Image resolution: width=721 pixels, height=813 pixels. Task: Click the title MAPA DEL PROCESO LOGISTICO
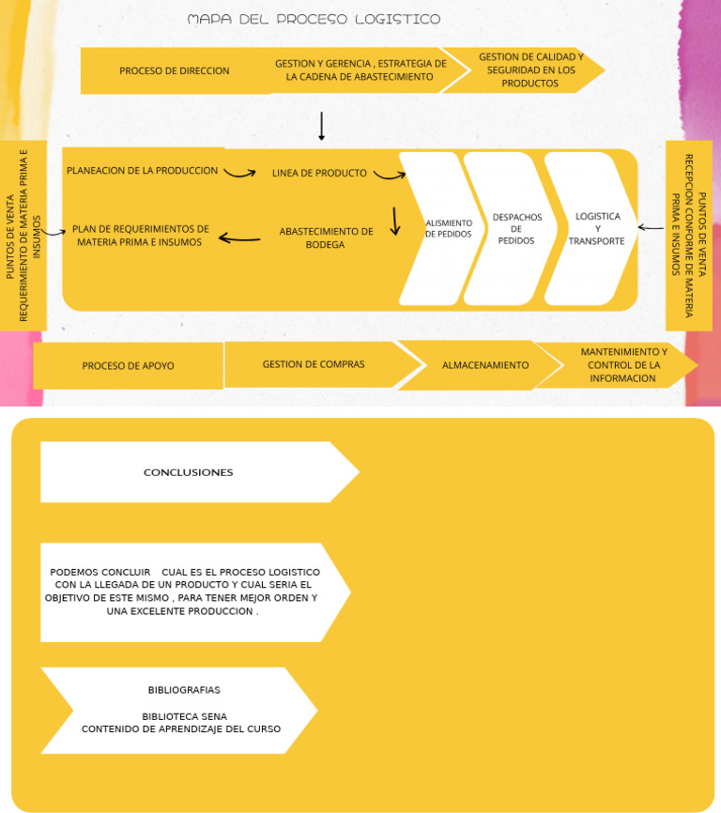[x=314, y=20]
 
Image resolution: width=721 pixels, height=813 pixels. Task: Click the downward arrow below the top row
[x=321, y=126]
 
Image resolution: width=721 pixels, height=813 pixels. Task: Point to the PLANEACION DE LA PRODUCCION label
[x=142, y=171]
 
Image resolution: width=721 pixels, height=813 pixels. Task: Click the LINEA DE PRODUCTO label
[x=319, y=173]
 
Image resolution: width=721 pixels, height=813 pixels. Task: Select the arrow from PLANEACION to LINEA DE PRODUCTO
[x=239, y=173]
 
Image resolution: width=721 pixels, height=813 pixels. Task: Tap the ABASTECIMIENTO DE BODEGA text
[x=326, y=238]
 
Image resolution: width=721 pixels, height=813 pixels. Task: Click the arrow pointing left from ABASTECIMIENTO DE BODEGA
[x=239, y=238]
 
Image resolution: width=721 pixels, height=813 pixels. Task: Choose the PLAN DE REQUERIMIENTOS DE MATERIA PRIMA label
[x=140, y=235]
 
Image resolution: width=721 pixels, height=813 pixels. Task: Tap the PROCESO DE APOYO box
[x=128, y=366]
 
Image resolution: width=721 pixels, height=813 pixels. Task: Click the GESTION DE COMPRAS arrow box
[x=314, y=364]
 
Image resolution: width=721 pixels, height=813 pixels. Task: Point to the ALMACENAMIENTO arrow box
[x=485, y=365]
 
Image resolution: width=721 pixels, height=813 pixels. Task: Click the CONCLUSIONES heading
[x=188, y=472]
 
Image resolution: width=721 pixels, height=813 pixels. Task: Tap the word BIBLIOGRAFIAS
[x=184, y=690]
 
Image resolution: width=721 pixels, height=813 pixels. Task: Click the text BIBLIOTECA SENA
[x=184, y=716]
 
